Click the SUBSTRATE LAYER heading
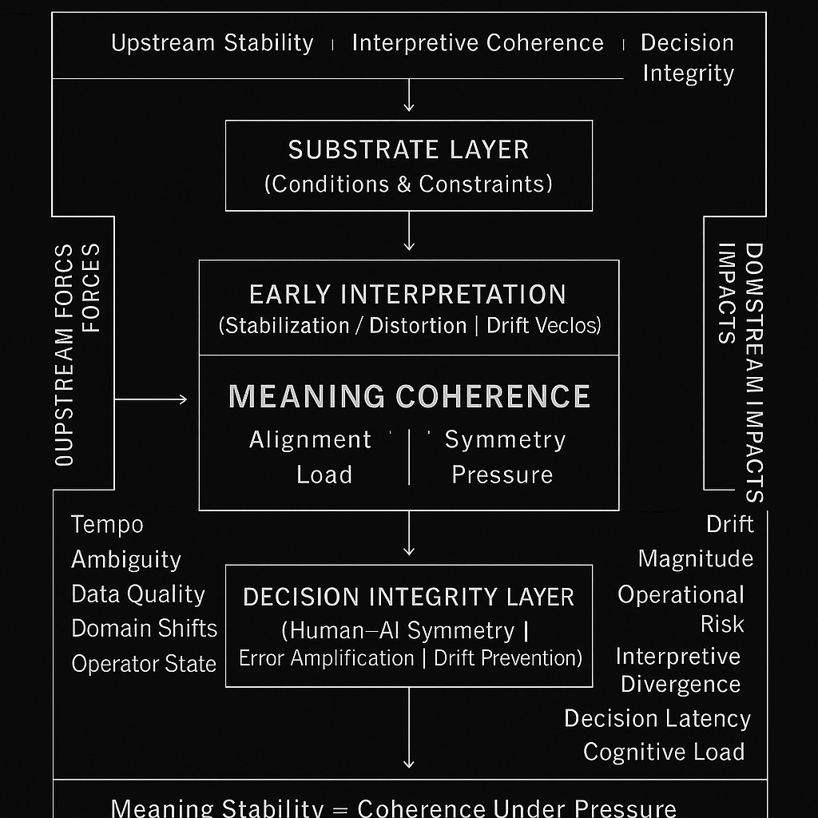pyautogui.click(x=408, y=149)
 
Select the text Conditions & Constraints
pyautogui.click(x=408, y=184)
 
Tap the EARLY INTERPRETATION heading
pyautogui.click(x=408, y=294)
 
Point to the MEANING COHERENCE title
pyautogui.click(x=409, y=397)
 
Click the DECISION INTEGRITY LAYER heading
pyautogui.click(x=408, y=597)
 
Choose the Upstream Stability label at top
pyautogui.click(x=212, y=42)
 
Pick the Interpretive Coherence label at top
pyautogui.click(x=478, y=42)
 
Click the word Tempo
pyautogui.click(x=107, y=525)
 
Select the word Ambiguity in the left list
pyautogui.click(x=126, y=559)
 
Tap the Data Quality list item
pyautogui.click(x=138, y=594)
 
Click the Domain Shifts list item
pyautogui.click(x=144, y=629)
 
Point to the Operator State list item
pyautogui.click(x=144, y=664)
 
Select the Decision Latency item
pyautogui.click(x=657, y=718)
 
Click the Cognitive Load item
pyautogui.click(x=664, y=752)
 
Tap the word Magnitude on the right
pyautogui.click(x=696, y=558)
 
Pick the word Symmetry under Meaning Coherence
pyautogui.click(x=505, y=439)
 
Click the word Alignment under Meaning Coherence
pyautogui.click(x=310, y=439)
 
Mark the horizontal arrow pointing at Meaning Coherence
pyautogui.click(x=152, y=399)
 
